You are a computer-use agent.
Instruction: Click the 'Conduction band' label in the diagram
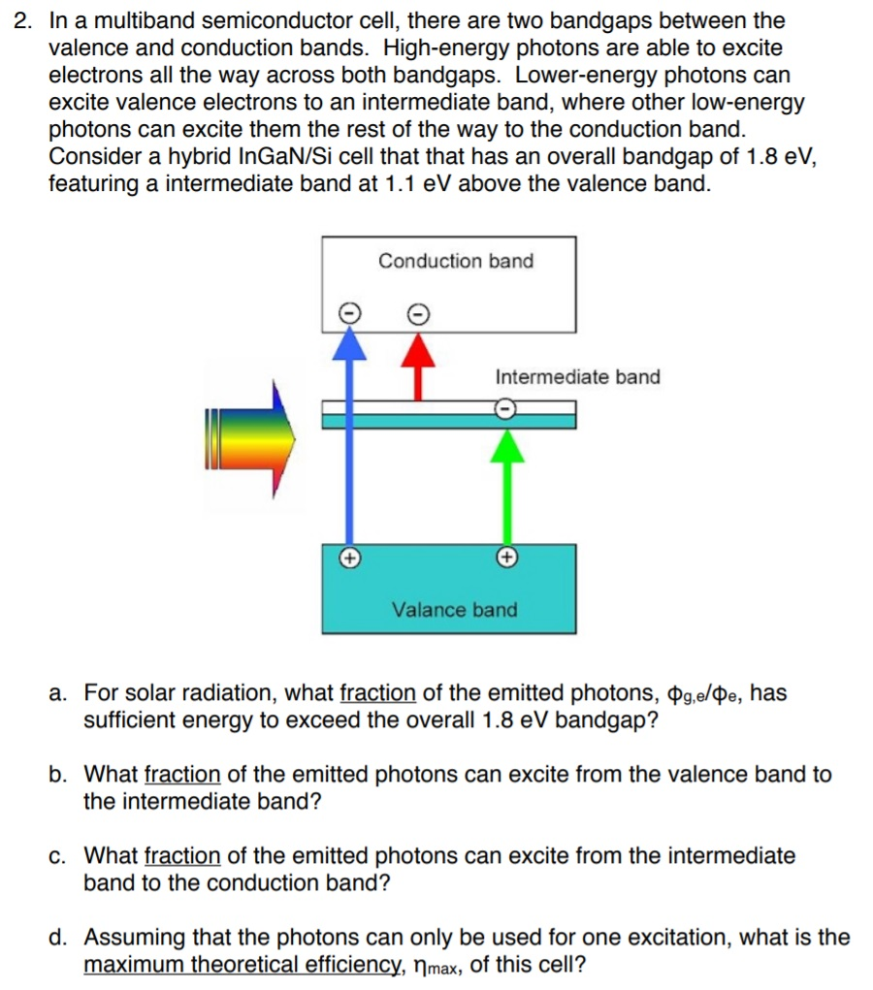pyautogui.click(x=455, y=261)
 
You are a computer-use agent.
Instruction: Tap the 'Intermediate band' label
pyautogui.click(x=577, y=377)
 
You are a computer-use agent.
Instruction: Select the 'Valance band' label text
pyautogui.click(x=454, y=610)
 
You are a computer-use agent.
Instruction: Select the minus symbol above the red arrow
pyautogui.click(x=417, y=312)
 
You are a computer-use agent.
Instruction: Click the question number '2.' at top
pyautogui.click(x=25, y=20)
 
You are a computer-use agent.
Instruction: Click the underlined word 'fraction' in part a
pyautogui.click(x=377, y=693)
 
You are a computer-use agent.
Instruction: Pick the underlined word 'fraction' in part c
pyautogui.click(x=182, y=856)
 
